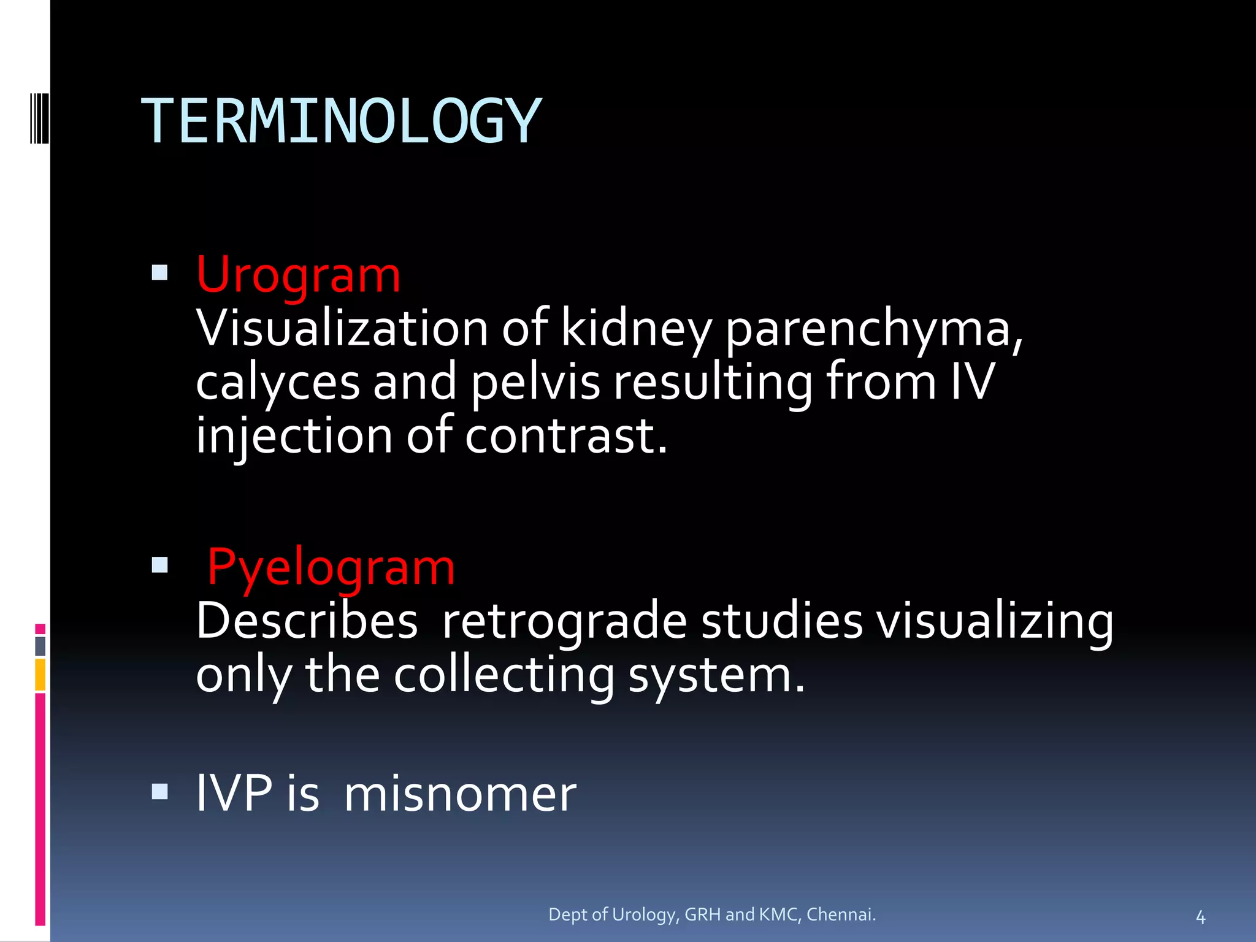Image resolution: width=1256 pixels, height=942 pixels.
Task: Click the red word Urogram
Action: (x=298, y=275)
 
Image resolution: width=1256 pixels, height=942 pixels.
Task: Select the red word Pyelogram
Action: (x=331, y=567)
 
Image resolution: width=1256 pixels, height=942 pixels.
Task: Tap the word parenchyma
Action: (x=873, y=329)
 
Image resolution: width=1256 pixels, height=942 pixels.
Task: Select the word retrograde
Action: (x=564, y=621)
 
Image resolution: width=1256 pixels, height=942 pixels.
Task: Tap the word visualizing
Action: (x=994, y=621)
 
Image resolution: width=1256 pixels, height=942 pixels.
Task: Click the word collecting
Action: (x=503, y=675)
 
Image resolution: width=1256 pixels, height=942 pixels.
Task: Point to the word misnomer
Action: (x=460, y=794)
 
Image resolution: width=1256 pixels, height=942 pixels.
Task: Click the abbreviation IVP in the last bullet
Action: (x=234, y=794)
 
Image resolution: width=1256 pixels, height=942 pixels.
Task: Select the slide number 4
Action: (x=1200, y=917)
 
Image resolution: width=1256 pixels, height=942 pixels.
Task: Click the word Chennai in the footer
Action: (x=840, y=914)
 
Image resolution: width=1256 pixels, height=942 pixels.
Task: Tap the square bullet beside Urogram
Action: (x=159, y=272)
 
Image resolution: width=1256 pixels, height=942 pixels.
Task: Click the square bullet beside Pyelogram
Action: (x=159, y=564)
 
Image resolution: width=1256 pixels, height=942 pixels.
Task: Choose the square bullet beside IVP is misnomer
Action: (x=159, y=792)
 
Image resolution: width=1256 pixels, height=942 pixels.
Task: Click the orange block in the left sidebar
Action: (x=40, y=675)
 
